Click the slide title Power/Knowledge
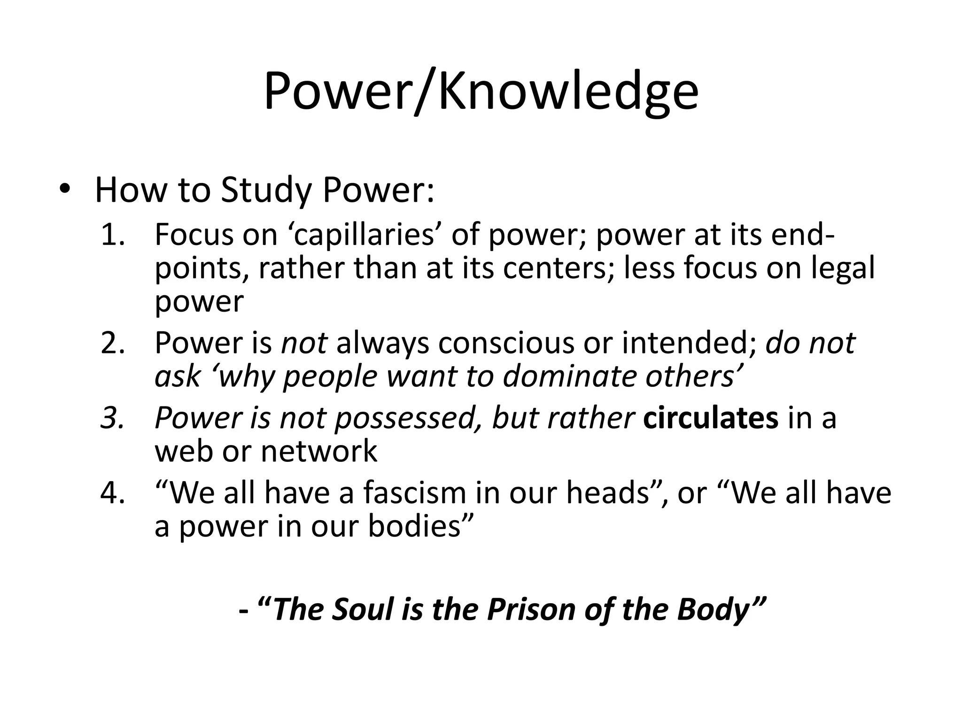[x=481, y=92]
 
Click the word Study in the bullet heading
[x=266, y=190]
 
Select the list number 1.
[x=113, y=235]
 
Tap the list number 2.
[x=113, y=343]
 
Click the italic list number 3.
[x=113, y=418]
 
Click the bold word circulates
[x=711, y=418]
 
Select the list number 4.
[x=113, y=493]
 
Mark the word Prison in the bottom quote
[x=531, y=610]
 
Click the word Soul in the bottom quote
[x=362, y=610]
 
